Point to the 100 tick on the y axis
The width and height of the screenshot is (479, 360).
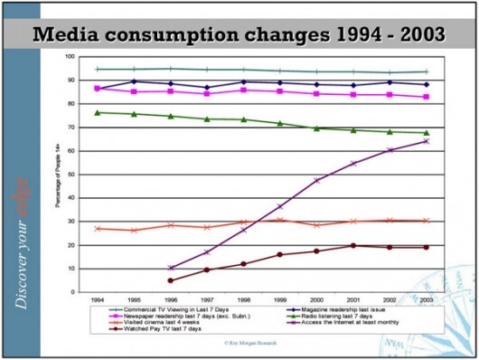coord(70,57)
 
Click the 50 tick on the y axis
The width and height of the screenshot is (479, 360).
coord(71,175)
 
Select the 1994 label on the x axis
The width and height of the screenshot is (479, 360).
coord(97,299)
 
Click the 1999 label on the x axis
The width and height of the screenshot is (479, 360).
coord(279,299)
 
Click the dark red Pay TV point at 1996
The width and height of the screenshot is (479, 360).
coord(170,280)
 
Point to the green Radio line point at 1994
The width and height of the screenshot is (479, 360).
coord(97,112)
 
